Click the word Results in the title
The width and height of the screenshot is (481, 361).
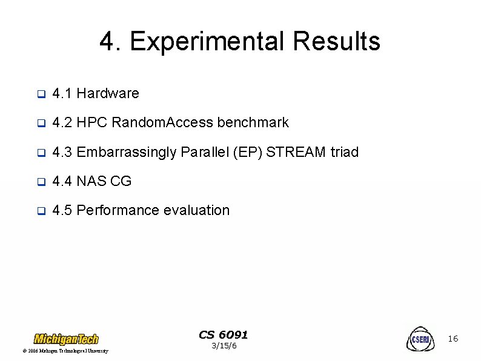[x=336, y=42]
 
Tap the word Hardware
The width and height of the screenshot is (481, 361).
[x=108, y=94]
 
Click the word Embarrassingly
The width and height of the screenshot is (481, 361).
[x=127, y=152]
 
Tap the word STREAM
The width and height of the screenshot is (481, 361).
[x=297, y=152]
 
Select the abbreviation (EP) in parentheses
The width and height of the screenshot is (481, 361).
[x=248, y=152]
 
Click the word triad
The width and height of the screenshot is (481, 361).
[x=345, y=152]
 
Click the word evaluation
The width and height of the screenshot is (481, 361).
[x=197, y=210]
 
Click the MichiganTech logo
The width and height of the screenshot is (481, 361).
[x=66, y=338]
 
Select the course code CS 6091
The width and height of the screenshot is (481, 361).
[x=224, y=335]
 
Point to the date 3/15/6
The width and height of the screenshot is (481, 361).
[x=224, y=346]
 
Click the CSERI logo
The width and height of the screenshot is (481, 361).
[x=420, y=339]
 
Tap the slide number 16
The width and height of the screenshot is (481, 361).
[x=453, y=339]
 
